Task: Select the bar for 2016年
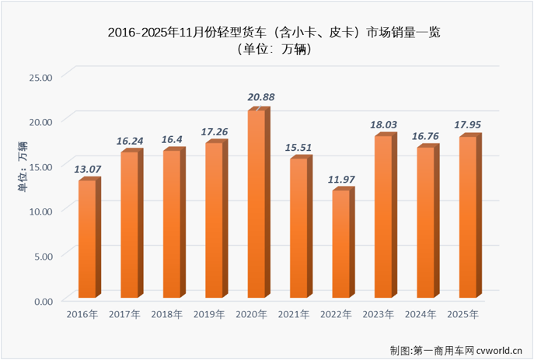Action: click(x=87, y=239)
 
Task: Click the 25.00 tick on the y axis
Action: click(x=40, y=77)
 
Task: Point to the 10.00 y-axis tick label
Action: click(x=40, y=211)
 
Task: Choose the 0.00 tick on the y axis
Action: click(x=43, y=300)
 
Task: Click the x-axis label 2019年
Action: click(x=209, y=314)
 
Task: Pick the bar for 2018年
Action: click(x=172, y=224)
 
